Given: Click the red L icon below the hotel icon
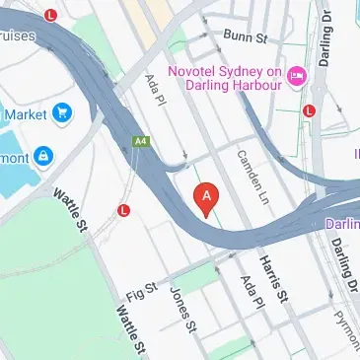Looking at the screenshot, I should [x=309, y=110].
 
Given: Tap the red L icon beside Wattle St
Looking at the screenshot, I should [x=123, y=210].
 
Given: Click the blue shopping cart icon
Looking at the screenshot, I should [x=64, y=113].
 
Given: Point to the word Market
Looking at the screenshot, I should [x=26, y=114].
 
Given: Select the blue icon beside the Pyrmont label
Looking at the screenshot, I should [x=43, y=155].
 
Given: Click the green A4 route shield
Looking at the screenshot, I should [x=140, y=144].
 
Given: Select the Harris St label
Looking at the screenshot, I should [x=272, y=278].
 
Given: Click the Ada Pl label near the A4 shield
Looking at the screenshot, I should [x=154, y=93].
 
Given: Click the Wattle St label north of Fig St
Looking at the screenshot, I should [x=72, y=210].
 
